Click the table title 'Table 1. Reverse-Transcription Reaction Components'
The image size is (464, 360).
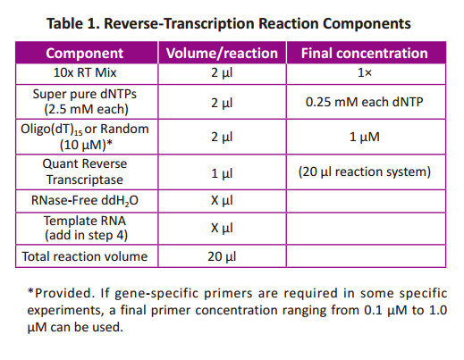(x=229, y=24)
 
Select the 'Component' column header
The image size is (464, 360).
(x=85, y=54)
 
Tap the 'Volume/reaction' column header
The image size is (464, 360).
(x=222, y=54)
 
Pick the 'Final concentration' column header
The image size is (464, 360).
(x=365, y=54)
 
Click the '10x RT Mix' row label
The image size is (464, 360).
(x=85, y=72)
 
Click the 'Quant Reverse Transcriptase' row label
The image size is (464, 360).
(x=85, y=172)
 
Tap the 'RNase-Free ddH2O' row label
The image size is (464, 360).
(x=85, y=200)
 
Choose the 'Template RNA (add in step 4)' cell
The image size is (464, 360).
(x=86, y=228)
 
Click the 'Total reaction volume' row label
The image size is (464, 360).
(x=85, y=256)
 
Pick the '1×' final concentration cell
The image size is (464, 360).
(x=365, y=72)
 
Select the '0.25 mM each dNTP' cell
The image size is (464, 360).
(x=365, y=102)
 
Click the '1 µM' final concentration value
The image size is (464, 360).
(x=365, y=137)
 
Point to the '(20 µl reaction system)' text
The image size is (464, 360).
(x=365, y=172)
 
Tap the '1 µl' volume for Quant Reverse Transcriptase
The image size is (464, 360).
(x=222, y=173)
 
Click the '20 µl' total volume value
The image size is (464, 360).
(x=222, y=256)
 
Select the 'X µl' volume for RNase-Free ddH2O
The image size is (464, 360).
(x=222, y=200)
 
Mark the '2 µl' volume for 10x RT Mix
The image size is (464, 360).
(x=222, y=73)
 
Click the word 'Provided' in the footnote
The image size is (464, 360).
(x=63, y=293)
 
